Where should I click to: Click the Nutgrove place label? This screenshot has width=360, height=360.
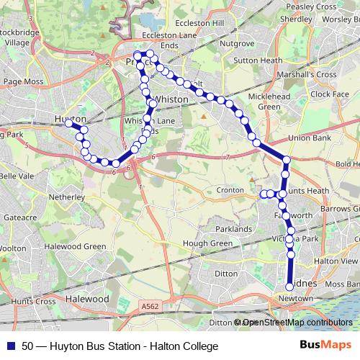coord(237,43)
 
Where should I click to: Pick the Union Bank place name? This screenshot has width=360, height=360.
coord(309,137)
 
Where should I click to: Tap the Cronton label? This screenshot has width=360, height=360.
coord(230,190)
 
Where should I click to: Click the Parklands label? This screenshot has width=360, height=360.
coord(233,229)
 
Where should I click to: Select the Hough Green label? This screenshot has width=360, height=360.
coord(207,243)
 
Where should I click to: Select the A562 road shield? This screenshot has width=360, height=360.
coord(150,306)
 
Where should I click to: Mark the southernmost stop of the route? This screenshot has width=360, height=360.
coord(289,287)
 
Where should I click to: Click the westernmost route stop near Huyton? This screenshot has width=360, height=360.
coord(70,123)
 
